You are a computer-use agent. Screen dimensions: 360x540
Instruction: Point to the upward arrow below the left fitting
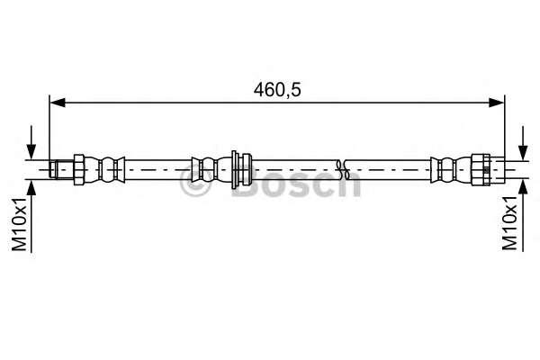(33, 185)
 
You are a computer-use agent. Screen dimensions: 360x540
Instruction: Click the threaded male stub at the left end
(60, 167)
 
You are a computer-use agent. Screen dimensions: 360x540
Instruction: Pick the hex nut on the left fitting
(78, 167)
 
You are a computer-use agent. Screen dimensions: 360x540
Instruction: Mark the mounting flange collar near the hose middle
(237, 167)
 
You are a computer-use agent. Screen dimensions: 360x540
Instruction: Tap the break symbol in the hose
(340, 167)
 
